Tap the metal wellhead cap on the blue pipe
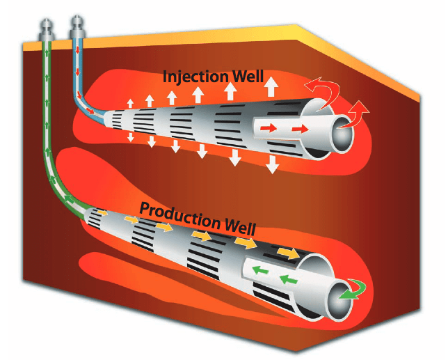pos(76,29)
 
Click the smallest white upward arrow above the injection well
pos(131,104)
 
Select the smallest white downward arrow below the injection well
pos(130,137)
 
